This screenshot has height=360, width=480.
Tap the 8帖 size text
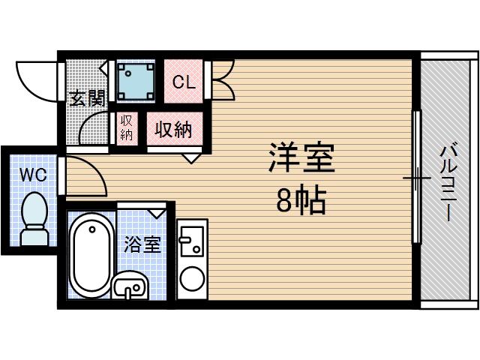tap(301, 199)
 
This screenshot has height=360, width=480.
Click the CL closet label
tap(184, 82)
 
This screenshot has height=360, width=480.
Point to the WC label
tap(32, 175)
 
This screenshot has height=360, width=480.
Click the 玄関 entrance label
tap(87, 99)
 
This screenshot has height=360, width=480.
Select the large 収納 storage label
tap(173, 130)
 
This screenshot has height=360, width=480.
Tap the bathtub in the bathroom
tap(90, 254)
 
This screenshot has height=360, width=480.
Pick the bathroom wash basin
tap(132, 286)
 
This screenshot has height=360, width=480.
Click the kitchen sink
tap(192, 239)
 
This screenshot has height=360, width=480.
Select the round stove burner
tap(192, 279)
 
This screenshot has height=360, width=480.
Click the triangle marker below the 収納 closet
tap(192, 157)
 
